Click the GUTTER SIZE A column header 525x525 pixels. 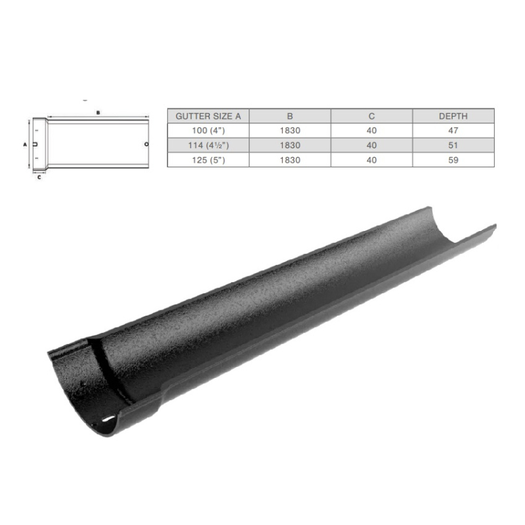click(x=208, y=116)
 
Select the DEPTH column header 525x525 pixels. click(x=453, y=116)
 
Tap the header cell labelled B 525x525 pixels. click(x=290, y=116)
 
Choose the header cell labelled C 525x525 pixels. click(x=371, y=116)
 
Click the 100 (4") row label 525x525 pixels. click(x=208, y=131)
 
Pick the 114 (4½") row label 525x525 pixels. click(x=208, y=145)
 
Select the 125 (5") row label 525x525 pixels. click(x=208, y=160)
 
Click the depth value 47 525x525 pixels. click(x=453, y=131)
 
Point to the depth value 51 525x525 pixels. click(x=453, y=145)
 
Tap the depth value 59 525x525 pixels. click(x=453, y=160)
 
